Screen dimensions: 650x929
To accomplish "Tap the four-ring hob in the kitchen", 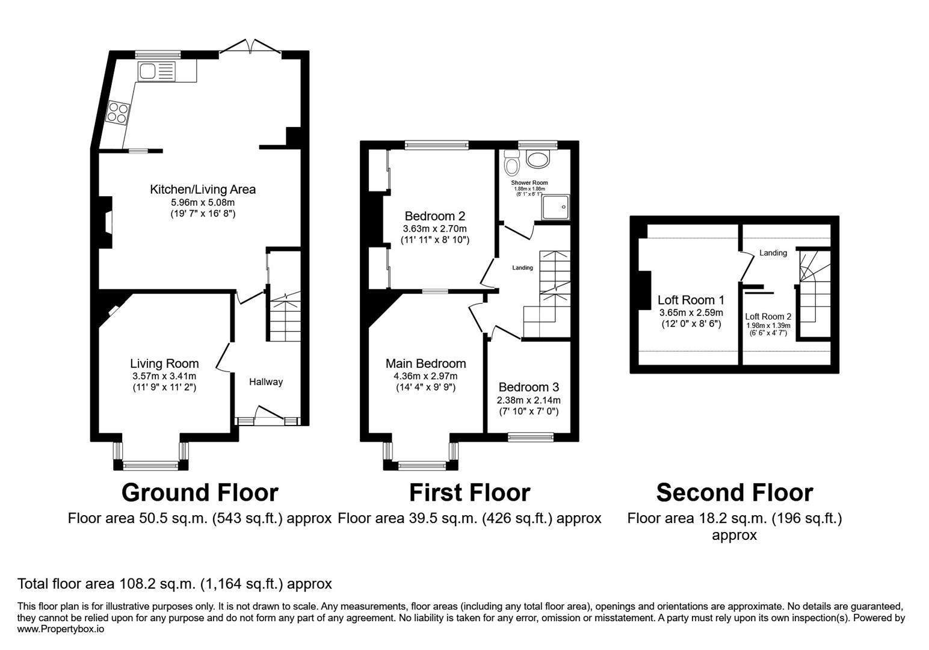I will click(x=118, y=113).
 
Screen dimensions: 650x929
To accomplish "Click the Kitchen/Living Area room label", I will click(x=203, y=190).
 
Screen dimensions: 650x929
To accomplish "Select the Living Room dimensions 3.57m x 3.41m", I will click(x=164, y=376).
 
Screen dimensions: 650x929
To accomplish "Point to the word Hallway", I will click(x=266, y=382).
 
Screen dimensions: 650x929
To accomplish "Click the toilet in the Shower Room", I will click(x=512, y=162).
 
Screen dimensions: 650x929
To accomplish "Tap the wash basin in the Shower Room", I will click(x=537, y=158).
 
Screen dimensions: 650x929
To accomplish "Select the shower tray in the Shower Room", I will click(x=555, y=206).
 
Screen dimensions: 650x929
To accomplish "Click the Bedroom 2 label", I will click(x=434, y=216).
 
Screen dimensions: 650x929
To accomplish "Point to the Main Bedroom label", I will click(x=425, y=364).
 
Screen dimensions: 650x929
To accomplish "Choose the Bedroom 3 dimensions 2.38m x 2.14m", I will click(x=528, y=400).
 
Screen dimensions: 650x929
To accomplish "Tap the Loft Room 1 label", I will click(x=691, y=300).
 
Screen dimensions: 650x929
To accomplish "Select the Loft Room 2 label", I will click(x=768, y=317).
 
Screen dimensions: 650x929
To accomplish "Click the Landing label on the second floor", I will click(x=773, y=253).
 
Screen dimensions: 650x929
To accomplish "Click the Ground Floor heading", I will click(x=200, y=492).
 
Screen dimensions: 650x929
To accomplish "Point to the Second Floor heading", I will click(x=734, y=492).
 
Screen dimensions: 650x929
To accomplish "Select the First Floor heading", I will click(x=469, y=492).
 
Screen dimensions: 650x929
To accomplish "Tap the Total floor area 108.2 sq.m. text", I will click(x=174, y=584).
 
